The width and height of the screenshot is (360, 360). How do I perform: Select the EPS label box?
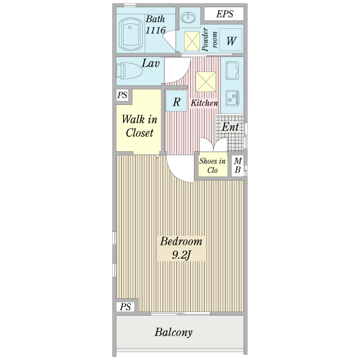[226, 14]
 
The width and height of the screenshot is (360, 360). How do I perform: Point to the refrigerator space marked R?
[176, 102]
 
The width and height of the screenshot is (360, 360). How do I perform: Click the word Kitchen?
[204, 103]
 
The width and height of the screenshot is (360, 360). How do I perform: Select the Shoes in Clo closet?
[212, 165]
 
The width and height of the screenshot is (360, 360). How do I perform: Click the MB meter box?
[238, 165]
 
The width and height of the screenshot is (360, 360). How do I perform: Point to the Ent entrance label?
[230, 127]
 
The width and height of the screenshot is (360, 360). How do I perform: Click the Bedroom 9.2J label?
[181, 249]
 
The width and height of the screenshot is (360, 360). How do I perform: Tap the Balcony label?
[173, 332]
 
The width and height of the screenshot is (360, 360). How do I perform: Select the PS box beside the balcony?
[125, 307]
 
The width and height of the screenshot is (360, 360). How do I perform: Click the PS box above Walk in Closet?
[122, 95]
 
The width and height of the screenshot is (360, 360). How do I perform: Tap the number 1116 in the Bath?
[155, 30]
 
